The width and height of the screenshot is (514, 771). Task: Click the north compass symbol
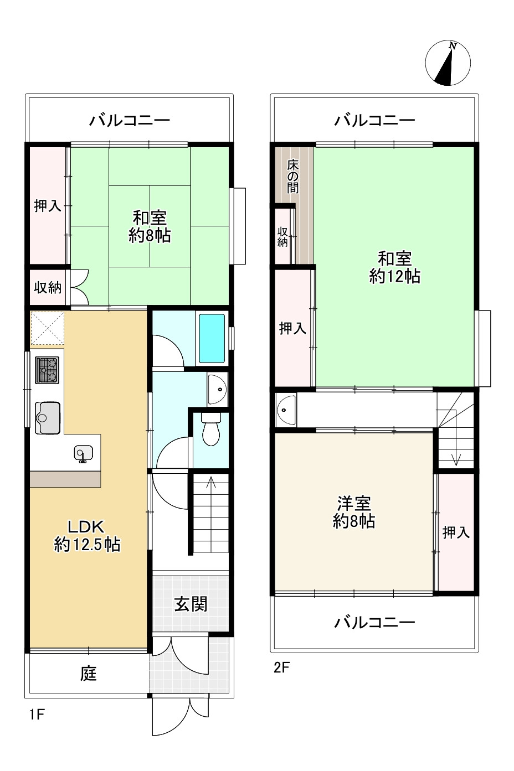448,63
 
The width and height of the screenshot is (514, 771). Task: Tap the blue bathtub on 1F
212,338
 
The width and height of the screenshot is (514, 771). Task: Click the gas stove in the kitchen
47,370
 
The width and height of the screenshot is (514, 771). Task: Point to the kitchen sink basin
48,416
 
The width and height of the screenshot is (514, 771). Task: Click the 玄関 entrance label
191,603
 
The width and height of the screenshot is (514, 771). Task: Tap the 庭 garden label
89,674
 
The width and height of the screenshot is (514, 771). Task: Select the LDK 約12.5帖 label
87,535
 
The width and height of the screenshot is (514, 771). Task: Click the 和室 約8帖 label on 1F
150,226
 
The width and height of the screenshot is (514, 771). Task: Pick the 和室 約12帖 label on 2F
394,267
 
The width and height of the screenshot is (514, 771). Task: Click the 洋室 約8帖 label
354,512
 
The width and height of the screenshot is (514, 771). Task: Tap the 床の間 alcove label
292,176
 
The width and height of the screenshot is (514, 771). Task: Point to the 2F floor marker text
282,667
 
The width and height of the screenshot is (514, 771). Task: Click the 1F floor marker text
37,715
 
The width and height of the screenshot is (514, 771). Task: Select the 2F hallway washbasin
286,410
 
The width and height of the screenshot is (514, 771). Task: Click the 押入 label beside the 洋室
456,532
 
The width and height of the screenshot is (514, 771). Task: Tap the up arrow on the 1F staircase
210,484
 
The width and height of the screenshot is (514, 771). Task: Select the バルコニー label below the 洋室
374,623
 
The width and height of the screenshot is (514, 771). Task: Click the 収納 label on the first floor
48,287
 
